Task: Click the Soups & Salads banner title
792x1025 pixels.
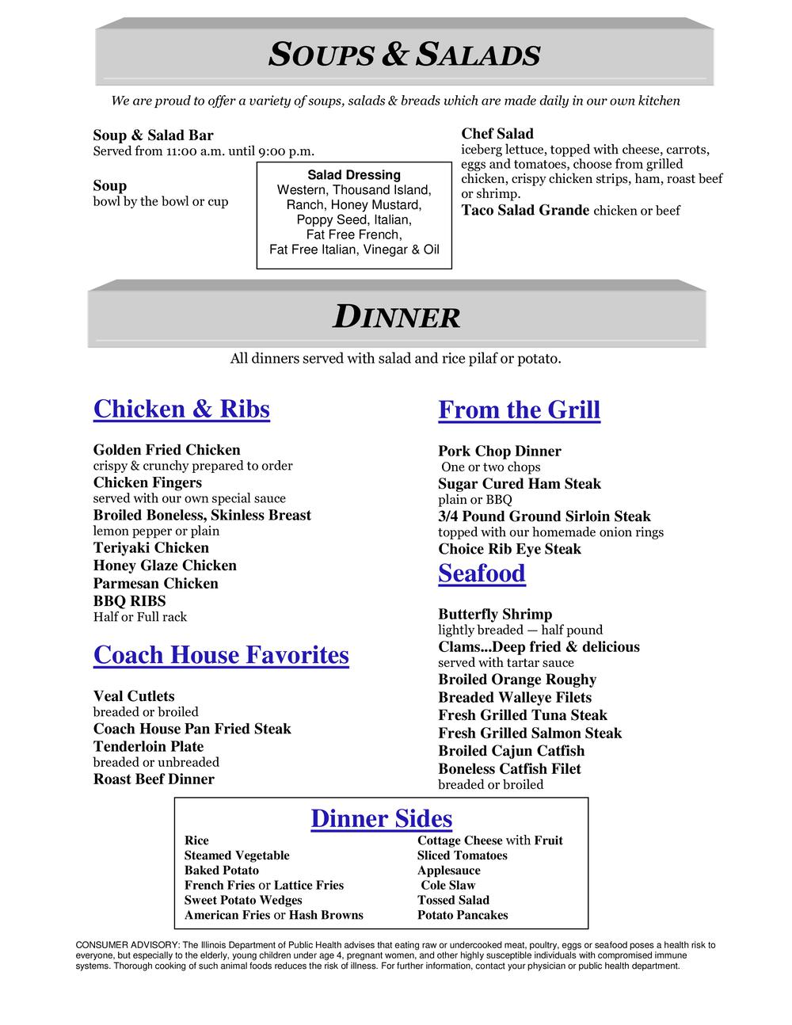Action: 405,55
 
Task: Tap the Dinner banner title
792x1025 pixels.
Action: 396,317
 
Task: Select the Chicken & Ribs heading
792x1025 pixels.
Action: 181,410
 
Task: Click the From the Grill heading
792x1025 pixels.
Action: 519,410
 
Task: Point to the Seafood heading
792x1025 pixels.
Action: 482,573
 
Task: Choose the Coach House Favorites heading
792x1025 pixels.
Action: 221,655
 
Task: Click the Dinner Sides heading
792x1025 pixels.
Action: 381,819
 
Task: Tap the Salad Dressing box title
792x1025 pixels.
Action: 354,175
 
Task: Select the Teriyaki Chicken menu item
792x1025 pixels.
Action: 151,548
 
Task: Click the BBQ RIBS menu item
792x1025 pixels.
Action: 129,601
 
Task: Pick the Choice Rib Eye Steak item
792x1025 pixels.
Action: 509,549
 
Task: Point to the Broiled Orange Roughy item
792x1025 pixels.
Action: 517,680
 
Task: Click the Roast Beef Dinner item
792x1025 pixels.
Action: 154,779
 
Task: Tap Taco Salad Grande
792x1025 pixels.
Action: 525,211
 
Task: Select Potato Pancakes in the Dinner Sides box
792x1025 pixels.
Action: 463,916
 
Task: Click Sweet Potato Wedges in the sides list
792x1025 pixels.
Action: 243,901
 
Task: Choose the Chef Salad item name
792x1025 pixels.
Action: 497,134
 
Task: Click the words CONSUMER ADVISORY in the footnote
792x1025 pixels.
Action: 126,945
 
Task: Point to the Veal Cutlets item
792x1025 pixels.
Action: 134,696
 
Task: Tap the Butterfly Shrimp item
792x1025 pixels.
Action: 495,615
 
